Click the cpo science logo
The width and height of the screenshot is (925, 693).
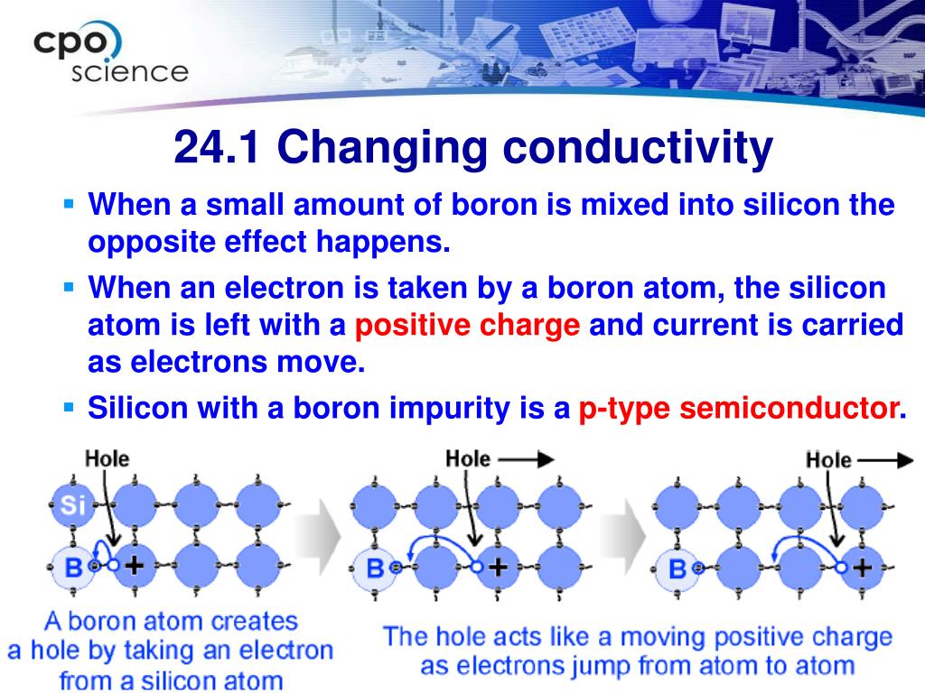[x=111, y=52]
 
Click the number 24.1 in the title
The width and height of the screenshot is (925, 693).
[x=217, y=147]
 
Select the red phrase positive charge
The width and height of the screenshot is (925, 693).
[x=467, y=326]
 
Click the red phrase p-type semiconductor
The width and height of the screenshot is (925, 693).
[x=738, y=409]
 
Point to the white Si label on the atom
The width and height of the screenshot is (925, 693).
[x=73, y=505]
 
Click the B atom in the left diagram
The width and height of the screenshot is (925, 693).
[x=73, y=568]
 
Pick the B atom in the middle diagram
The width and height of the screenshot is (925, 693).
[x=375, y=568]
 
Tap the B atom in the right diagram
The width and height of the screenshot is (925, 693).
[x=677, y=568]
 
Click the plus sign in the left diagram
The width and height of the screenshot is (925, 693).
[x=134, y=565]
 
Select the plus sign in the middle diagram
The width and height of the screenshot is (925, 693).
[x=499, y=567]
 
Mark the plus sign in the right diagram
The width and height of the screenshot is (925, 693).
[x=863, y=568]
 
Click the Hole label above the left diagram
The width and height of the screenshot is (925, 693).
[x=107, y=458]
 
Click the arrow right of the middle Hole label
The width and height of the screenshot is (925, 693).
[x=527, y=459]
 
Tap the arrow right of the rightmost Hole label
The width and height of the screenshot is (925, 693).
[x=886, y=460]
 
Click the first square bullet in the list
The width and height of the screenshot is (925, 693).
[x=69, y=205]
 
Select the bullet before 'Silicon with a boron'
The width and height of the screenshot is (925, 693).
[x=69, y=407]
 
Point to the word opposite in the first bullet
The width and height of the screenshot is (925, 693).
[x=152, y=242]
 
